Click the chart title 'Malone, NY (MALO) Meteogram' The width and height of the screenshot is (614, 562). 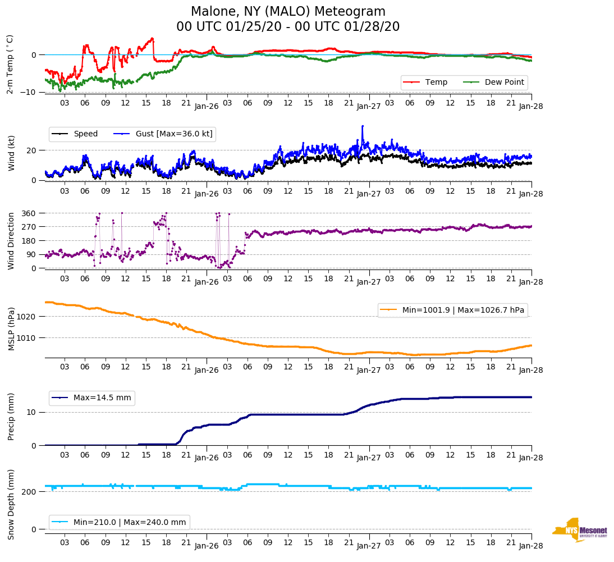(288, 12)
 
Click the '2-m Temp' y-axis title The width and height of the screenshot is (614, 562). (10, 64)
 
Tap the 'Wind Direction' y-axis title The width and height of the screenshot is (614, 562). (11, 241)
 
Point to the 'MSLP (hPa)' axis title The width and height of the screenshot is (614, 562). (11, 329)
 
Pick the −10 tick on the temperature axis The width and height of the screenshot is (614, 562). (29, 92)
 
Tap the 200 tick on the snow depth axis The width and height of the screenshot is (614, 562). (30, 492)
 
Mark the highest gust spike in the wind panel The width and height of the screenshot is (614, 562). (363, 126)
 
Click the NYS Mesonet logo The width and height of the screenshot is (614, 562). (579, 530)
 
